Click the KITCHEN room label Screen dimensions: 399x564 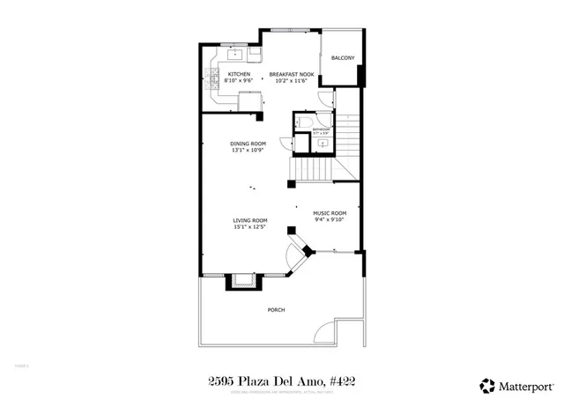[x=239, y=74]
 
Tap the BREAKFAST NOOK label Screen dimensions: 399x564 [x=292, y=74]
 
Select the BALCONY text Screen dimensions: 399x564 [x=343, y=58]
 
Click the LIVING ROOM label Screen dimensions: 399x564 [x=250, y=220]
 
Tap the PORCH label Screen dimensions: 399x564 [x=276, y=310]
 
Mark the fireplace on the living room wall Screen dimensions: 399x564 [x=242, y=282]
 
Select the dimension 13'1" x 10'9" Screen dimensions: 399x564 [x=248, y=150]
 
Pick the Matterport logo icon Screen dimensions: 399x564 [x=486, y=384]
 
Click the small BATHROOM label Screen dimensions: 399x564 [x=321, y=129]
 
